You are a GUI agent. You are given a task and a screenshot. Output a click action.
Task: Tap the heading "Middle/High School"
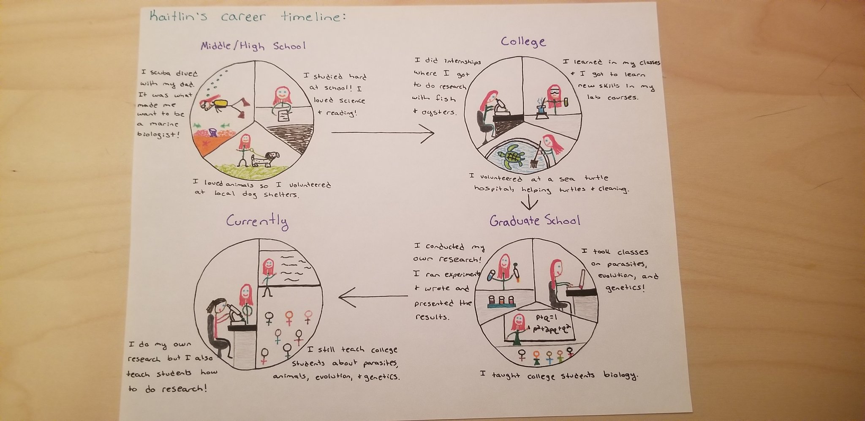click(253, 46)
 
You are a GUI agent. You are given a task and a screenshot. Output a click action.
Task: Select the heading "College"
click(523, 41)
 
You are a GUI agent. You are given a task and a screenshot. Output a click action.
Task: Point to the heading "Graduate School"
click(535, 221)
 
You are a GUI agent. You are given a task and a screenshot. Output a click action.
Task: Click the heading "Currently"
click(257, 221)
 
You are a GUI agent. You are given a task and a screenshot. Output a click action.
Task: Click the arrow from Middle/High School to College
click(382, 134)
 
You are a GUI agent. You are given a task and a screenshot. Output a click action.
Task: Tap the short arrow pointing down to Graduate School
click(529, 203)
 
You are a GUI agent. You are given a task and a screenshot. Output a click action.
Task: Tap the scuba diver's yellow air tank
click(220, 104)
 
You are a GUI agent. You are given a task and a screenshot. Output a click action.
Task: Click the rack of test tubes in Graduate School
click(501, 301)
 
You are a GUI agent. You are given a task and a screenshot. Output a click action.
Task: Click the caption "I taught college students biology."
click(558, 375)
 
